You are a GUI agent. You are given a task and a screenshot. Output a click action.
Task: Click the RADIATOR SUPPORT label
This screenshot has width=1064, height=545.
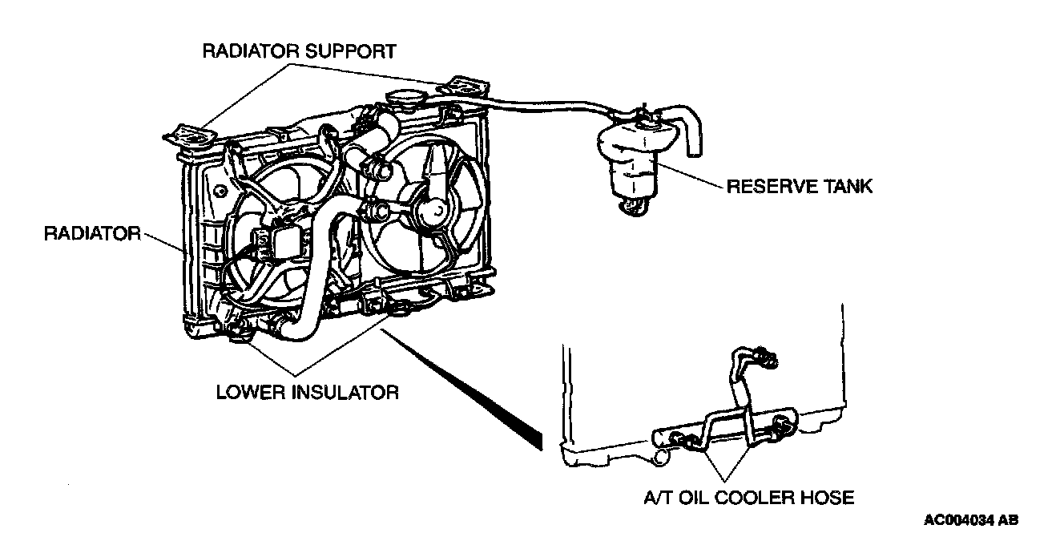(x=299, y=52)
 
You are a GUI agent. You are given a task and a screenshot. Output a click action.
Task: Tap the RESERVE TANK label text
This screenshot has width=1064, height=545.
(x=799, y=188)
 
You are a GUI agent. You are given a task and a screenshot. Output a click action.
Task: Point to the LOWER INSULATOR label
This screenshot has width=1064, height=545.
(x=308, y=393)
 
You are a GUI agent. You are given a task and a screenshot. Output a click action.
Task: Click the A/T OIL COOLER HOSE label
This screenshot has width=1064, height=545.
(x=749, y=498)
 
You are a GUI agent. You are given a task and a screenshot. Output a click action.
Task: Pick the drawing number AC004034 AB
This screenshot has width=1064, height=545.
(x=971, y=520)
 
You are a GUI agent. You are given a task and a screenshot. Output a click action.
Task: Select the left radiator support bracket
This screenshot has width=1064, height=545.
(x=191, y=135)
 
